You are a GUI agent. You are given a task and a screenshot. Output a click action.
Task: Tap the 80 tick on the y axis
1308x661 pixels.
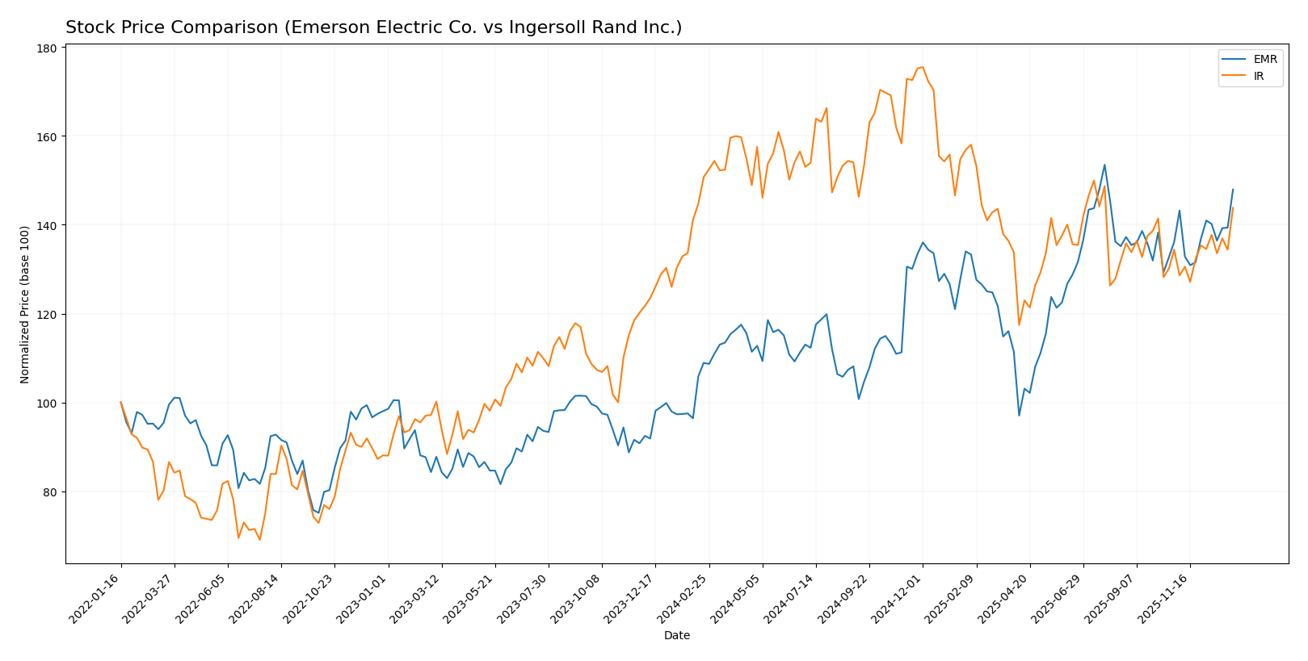coord(50,492)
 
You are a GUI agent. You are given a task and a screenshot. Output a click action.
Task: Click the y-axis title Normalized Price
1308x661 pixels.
coord(25,304)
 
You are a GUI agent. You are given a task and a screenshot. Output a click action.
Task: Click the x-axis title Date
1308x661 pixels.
coord(676,636)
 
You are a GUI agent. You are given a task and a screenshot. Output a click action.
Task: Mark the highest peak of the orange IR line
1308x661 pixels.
coord(923,67)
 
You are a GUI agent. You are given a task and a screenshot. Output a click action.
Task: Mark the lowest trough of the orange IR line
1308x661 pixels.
coord(259,539)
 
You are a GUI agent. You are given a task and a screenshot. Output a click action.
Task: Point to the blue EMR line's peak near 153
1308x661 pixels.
coord(1104,165)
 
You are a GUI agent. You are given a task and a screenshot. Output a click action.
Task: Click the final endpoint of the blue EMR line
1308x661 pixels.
coord(1233,190)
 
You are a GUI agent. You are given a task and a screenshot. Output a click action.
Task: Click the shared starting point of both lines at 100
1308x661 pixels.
coord(121,402)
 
